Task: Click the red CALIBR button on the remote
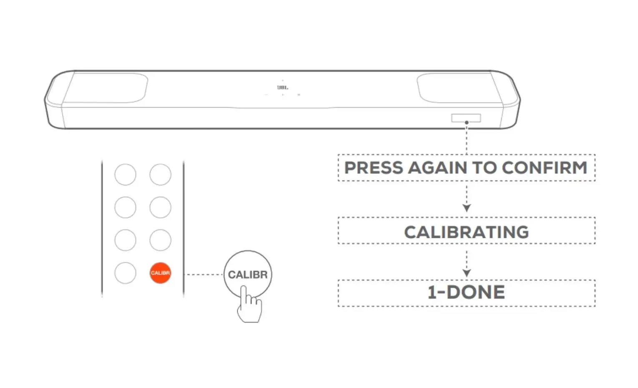coord(161,273)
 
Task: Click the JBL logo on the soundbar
coord(283,88)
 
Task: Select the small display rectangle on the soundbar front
coord(466,118)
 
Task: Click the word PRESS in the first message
coord(374,167)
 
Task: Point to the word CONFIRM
coord(544,167)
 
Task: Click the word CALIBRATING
coord(467,232)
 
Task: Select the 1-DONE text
coord(467,292)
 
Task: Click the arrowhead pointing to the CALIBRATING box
coord(467,208)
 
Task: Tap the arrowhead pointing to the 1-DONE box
coord(467,273)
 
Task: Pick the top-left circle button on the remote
coord(126,175)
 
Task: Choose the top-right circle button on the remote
coord(161,175)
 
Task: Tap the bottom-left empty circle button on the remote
coord(126,273)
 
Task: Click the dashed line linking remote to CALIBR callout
coord(204,275)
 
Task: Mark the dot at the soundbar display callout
coord(467,123)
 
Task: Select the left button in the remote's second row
coord(126,207)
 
